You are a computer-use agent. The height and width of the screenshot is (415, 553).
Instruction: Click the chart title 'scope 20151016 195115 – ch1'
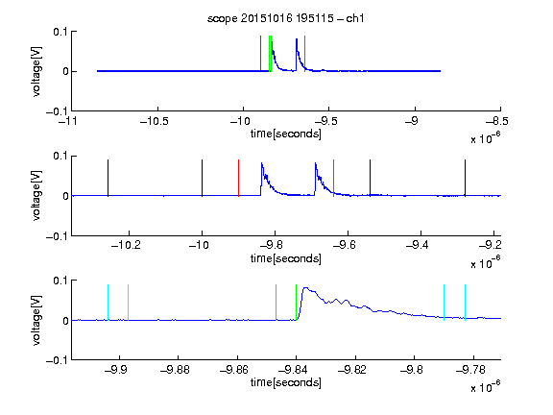[x=286, y=18]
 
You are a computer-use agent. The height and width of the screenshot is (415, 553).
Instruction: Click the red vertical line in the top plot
[x=260, y=53]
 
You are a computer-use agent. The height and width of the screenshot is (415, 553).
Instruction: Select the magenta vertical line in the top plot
[x=304, y=53]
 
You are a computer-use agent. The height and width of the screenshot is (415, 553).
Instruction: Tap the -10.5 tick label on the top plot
[x=155, y=121]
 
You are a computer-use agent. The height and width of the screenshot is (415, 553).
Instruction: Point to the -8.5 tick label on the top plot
[x=497, y=121]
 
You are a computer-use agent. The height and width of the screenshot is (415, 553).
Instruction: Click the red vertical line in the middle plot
[x=238, y=178]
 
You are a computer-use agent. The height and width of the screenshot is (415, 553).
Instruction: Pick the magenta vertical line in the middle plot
[x=334, y=178]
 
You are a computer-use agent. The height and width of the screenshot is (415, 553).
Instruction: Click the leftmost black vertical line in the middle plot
[x=108, y=178]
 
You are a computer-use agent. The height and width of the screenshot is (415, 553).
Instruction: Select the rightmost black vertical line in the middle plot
[x=465, y=178]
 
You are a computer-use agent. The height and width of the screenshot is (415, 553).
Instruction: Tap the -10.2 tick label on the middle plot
[x=126, y=245]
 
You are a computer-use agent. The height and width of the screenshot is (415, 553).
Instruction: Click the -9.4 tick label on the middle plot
[x=418, y=245]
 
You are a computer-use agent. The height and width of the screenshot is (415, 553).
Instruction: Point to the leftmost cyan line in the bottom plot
[x=108, y=303]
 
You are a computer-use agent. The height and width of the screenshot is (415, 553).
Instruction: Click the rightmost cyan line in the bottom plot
[x=465, y=303]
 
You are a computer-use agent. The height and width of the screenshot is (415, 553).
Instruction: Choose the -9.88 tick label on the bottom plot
[x=176, y=370]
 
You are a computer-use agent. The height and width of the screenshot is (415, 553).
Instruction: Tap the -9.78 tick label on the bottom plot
[x=470, y=370]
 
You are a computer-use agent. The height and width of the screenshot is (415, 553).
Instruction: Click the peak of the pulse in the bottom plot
[x=305, y=288]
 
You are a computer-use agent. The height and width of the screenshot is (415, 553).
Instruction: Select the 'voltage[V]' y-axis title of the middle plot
[x=36, y=196]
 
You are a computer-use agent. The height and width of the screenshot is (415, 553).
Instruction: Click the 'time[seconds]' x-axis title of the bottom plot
[x=286, y=382]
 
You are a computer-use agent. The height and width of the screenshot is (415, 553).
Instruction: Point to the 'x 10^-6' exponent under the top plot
[x=486, y=137]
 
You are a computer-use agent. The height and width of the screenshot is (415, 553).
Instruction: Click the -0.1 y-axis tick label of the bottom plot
[x=57, y=360]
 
